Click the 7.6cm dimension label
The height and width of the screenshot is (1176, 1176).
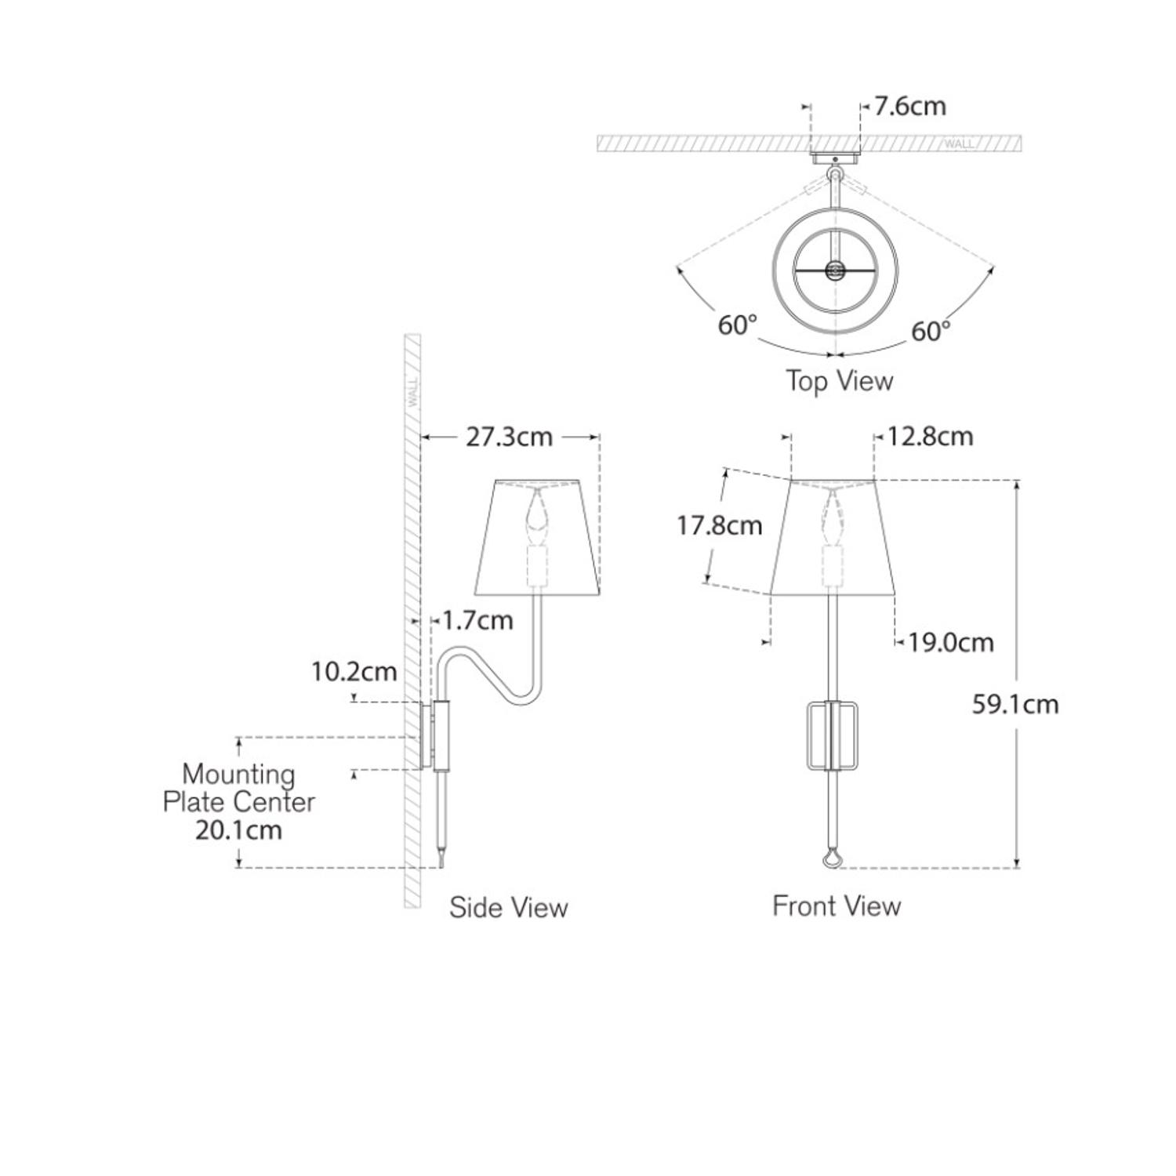tap(909, 106)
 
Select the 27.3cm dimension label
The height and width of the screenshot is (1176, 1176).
tap(509, 437)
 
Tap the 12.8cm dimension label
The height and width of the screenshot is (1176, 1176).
tap(930, 436)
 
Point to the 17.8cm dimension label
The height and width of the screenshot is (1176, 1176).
tap(719, 524)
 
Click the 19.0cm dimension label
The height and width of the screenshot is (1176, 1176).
tap(950, 643)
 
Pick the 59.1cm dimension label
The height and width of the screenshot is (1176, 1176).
tap(1014, 704)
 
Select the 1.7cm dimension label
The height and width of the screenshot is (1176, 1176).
tap(477, 621)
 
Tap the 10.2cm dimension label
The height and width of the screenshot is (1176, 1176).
tap(354, 672)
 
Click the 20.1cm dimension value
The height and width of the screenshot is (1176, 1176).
tap(238, 830)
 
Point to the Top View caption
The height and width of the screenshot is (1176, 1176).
tap(839, 381)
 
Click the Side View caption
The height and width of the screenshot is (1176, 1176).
tap(508, 908)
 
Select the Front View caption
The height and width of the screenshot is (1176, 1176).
tap(837, 906)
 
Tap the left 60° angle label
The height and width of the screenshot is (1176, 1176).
tap(737, 325)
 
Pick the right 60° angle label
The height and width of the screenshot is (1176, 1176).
tap(931, 332)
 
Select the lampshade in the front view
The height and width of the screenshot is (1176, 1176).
tap(833, 536)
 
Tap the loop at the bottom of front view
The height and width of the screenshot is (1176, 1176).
tap(833, 861)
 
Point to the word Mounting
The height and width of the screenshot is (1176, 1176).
tap(238, 775)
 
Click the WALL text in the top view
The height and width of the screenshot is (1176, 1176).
tap(959, 144)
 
